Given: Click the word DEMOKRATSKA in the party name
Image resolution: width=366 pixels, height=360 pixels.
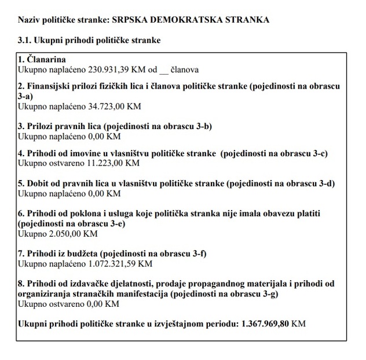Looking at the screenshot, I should point(177,20).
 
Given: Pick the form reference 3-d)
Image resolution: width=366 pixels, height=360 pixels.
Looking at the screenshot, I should point(325,183).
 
